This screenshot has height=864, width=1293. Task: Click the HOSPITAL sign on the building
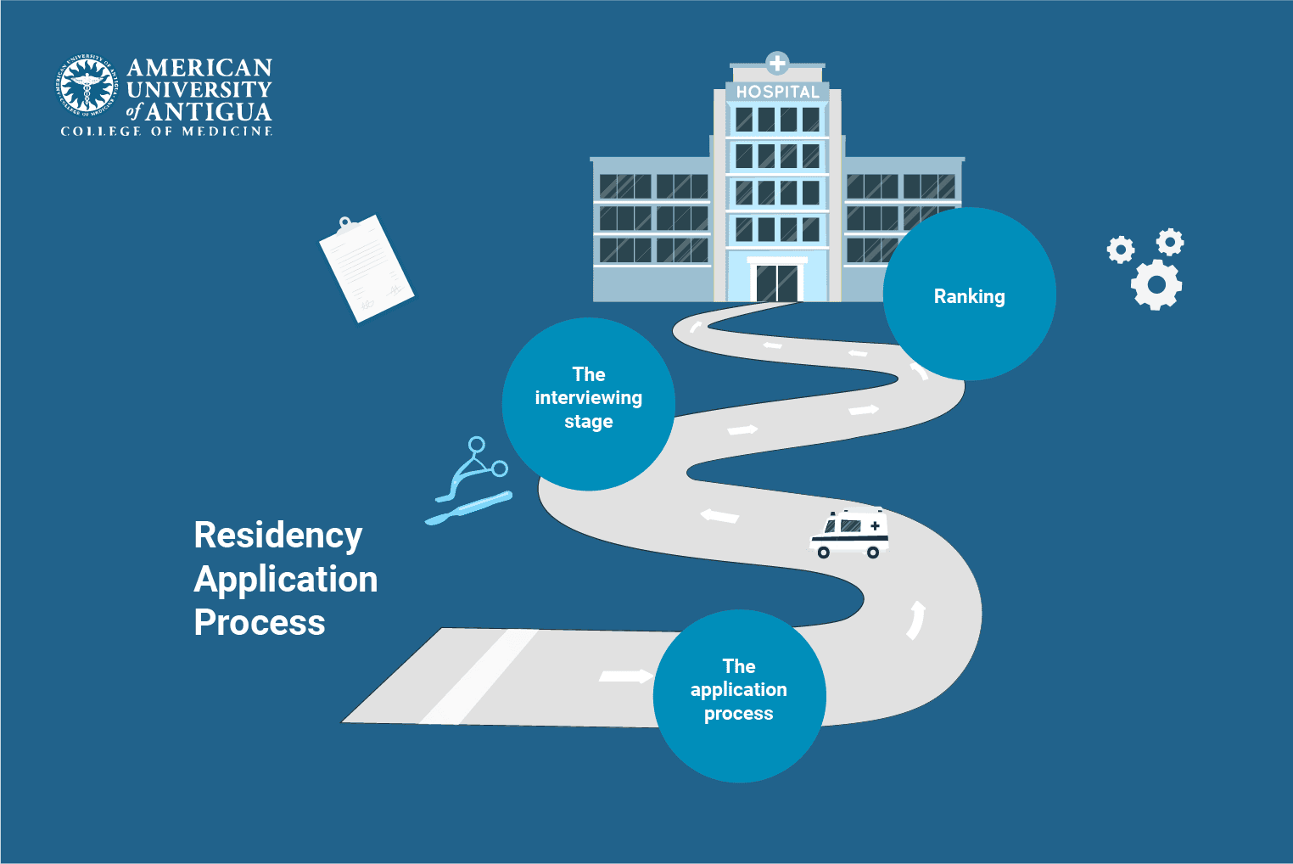click(x=777, y=92)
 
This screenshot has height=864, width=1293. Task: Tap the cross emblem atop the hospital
click(x=777, y=63)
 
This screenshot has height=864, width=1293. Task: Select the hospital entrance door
click(x=778, y=283)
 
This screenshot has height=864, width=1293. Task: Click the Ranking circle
click(x=970, y=295)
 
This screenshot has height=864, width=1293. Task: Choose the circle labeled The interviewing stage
click(x=589, y=404)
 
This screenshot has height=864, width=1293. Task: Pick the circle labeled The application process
click(x=739, y=696)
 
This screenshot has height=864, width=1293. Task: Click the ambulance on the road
click(x=850, y=533)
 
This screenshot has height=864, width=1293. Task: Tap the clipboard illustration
click(x=367, y=267)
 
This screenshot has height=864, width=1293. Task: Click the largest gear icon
click(x=1156, y=284)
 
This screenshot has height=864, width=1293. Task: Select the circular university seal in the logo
click(x=86, y=86)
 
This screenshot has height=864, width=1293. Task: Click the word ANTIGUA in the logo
click(x=208, y=112)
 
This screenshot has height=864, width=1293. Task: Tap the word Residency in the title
click(x=278, y=536)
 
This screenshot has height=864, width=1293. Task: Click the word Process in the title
click(x=260, y=623)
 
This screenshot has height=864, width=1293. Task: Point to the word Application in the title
click(x=286, y=580)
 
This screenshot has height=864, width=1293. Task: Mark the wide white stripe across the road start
click(x=479, y=676)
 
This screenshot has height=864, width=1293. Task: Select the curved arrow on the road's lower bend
click(x=915, y=620)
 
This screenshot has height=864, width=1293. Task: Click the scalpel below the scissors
click(x=468, y=508)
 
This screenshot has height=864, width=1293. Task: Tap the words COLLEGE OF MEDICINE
click(x=166, y=132)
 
